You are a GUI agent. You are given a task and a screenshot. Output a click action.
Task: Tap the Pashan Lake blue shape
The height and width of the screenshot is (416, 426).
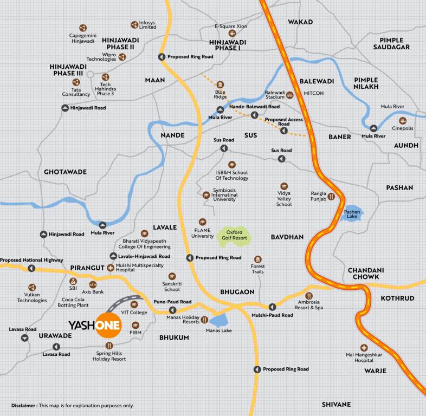pos(352,214)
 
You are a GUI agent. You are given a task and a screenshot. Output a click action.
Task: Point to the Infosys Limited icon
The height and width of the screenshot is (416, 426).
pos(134,24)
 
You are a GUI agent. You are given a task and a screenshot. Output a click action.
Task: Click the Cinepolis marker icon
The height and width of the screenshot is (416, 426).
pos(402,121)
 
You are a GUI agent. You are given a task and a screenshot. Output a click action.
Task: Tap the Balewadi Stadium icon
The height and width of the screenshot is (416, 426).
pos(289,95)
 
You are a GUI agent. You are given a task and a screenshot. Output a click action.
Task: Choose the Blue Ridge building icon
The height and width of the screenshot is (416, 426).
pos(220,84)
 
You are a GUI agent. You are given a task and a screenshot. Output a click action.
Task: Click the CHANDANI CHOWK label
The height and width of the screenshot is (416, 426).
pos(366,274)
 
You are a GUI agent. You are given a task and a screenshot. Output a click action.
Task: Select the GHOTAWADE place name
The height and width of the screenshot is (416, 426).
pos(65,172)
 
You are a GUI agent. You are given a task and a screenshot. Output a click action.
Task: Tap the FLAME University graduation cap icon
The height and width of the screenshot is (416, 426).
pos(202,222)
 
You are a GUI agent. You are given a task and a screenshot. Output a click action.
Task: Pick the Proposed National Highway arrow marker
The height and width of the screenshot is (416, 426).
pos(31,268)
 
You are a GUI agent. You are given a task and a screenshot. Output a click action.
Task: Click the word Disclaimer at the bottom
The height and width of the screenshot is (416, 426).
pos(24,405)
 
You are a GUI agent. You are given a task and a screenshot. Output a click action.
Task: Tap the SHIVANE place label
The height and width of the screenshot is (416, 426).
pos(336,405)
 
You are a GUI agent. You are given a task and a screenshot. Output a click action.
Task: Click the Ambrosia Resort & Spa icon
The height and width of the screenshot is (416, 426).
pos(309,296)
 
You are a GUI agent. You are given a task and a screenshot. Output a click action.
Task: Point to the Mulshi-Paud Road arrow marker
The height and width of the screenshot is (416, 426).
pos(272,307)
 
